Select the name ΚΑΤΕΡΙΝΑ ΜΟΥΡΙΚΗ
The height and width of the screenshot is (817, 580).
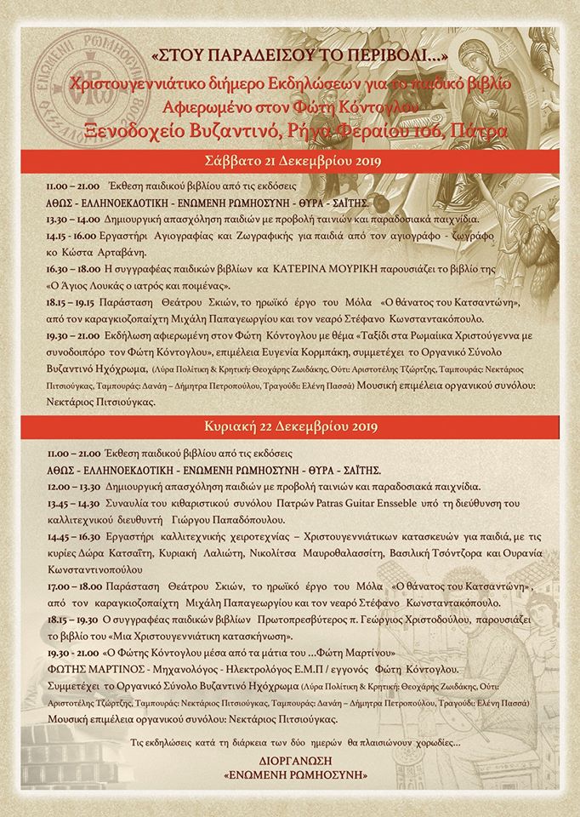[x=333, y=268]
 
